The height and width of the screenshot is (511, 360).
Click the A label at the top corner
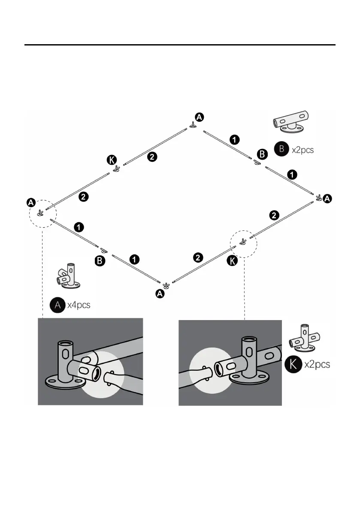click(200, 116)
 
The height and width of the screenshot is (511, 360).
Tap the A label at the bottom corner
click(160, 294)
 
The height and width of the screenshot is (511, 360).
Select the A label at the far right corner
click(327, 199)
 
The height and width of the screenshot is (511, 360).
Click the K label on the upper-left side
click(111, 160)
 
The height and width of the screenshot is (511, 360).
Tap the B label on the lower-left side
click(99, 260)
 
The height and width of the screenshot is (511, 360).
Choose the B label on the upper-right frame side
click(261, 153)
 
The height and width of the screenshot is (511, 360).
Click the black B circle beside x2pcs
click(281, 150)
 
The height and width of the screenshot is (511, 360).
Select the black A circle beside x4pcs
click(57, 305)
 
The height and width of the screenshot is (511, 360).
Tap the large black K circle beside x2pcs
click(293, 364)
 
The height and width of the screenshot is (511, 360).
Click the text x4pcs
click(79, 305)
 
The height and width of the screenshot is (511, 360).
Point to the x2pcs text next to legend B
click(303, 150)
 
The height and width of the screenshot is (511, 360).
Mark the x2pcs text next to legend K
click(317, 365)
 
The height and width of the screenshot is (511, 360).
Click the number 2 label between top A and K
click(151, 157)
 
